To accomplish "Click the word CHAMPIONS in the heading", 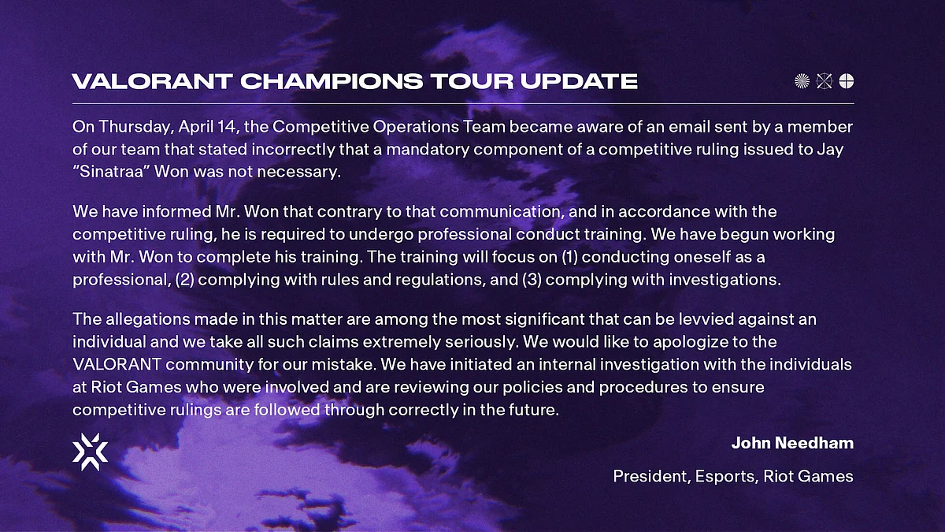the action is tap(332, 81).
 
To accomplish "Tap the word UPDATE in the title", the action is tap(579, 81).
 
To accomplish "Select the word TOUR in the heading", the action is tap(472, 81).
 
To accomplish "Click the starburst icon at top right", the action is tap(802, 81).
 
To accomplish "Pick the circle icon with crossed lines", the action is tap(824, 81).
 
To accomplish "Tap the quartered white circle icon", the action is tap(847, 81).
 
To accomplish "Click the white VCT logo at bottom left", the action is tap(91, 452).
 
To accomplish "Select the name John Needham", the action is tap(792, 443).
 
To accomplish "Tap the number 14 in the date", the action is tap(227, 127).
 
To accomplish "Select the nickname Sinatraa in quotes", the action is tap(111, 172).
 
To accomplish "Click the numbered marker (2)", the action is tap(184, 280).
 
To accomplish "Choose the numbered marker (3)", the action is tap(532, 280).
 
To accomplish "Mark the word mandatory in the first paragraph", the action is tap(423, 150).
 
